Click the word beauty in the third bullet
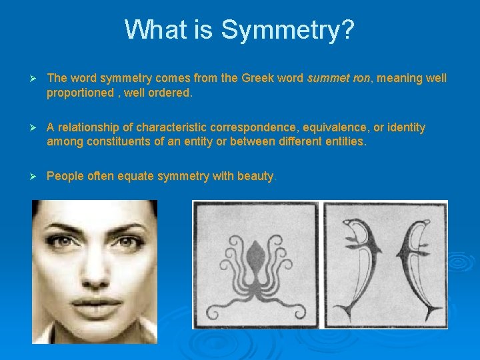click(x=255, y=177)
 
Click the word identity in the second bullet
click(x=407, y=127)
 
